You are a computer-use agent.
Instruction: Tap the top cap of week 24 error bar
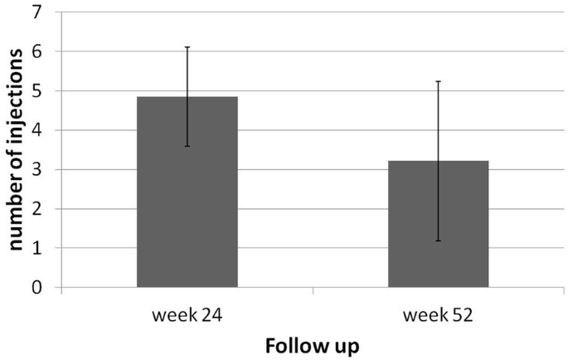point(187,47)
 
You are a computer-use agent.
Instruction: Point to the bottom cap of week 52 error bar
point(438,241)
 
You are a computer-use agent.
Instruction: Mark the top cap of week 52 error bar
point(438,81)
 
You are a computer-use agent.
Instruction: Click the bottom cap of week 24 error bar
point(187,146)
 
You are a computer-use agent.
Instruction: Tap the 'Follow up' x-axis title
point(313,345)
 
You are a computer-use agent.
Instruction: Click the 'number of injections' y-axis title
point(15,149)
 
